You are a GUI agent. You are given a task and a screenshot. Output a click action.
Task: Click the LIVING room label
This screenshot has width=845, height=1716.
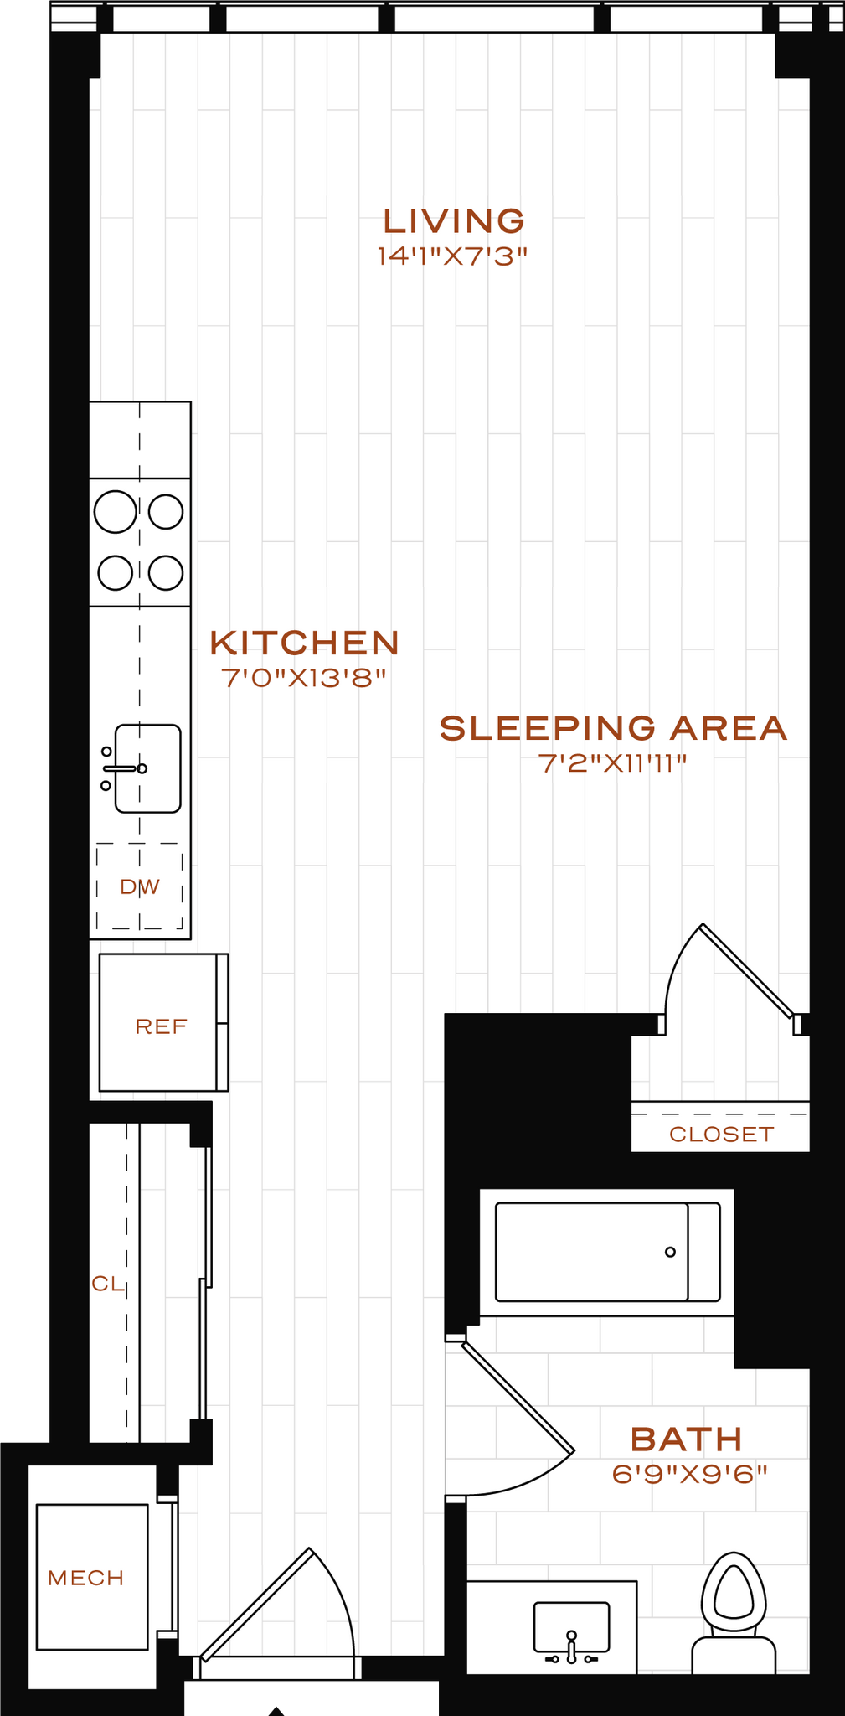tap(454, 221)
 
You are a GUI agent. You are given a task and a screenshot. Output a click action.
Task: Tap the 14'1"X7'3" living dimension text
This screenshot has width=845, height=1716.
tap(452, 256)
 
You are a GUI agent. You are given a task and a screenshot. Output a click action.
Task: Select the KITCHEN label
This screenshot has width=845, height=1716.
tap(304, 643)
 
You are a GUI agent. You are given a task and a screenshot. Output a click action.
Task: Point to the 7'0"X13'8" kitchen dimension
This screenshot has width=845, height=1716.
tap(304, 678)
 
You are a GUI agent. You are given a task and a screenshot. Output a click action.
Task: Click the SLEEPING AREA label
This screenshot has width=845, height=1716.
tap(613, 728)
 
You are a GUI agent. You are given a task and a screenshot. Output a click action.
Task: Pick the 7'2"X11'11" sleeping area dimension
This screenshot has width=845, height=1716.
tap(613, 764)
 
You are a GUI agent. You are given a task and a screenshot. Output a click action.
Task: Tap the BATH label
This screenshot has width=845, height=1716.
tap(686, 1439)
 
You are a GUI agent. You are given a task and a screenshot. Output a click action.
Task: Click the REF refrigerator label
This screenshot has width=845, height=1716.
tap(161, 1026)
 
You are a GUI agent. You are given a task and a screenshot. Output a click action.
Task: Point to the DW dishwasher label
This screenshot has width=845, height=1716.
tap(140, 887)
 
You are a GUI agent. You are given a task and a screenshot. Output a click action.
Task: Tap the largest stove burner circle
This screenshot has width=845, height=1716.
tap(115, 512)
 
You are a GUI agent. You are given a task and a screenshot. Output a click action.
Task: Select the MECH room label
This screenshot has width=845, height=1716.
tap(86, 1579)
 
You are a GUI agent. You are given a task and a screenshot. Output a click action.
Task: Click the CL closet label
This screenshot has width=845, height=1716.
tap(107, 1284)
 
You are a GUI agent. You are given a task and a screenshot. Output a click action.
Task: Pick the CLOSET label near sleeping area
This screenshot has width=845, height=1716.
tap(721, 1135)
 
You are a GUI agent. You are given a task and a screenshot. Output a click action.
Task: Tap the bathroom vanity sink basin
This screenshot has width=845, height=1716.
tap(571, 1626)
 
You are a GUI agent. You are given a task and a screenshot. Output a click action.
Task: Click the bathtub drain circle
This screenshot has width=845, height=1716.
tap(670, 1252)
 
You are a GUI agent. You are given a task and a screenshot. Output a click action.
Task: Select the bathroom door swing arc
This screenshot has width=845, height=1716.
tap(536, 1476)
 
